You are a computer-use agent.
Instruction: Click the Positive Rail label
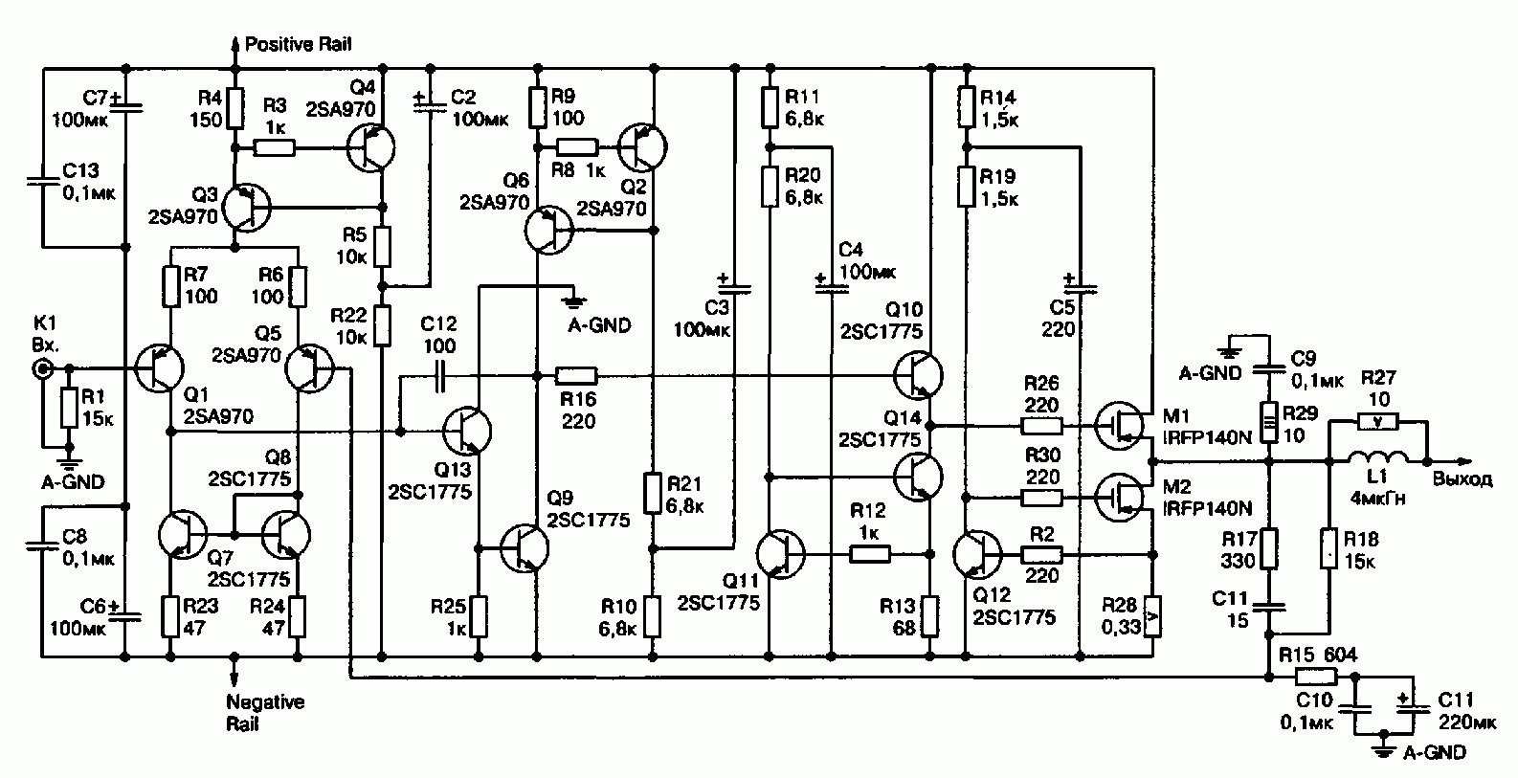[299, 45]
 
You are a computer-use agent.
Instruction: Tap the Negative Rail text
[265, 712]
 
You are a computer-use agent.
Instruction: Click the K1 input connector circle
[43, 368]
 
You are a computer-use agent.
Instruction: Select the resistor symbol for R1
[69, 408]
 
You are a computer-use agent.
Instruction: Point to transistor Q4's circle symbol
[370, 147]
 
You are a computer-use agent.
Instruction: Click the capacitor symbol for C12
[440, 375]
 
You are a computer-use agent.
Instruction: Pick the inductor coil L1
[1377, 457]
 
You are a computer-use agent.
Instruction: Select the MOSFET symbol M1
[1119, 426]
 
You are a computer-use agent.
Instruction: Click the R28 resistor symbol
[1152, 616]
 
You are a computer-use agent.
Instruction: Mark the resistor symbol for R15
[1316, 677]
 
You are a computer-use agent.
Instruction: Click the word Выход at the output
[1462, 479]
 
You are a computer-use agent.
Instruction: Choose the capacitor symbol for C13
[43, 181]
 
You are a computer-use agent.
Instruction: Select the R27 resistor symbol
[1377, 422]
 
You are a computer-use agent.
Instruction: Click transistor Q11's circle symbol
[780, 554]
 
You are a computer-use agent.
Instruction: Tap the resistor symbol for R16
[577, 375]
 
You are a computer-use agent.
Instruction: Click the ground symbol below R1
[69, 463]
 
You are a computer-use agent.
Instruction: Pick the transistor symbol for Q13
[467, 431]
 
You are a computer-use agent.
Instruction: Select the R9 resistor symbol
[537, 107]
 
